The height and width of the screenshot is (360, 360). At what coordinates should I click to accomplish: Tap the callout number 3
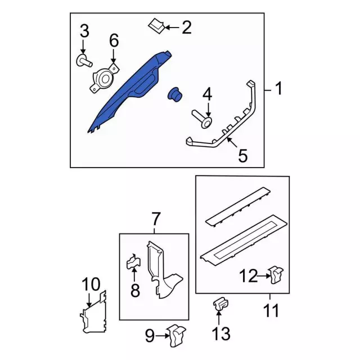[x=84, y=31]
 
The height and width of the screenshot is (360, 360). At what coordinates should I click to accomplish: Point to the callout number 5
[x=243, y=156]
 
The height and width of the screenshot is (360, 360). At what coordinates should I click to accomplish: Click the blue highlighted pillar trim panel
[x=127, y=93]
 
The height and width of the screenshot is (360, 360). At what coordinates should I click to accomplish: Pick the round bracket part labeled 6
[x=102, y=78]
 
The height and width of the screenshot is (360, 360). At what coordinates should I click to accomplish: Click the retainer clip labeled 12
[x=276, y=275]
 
